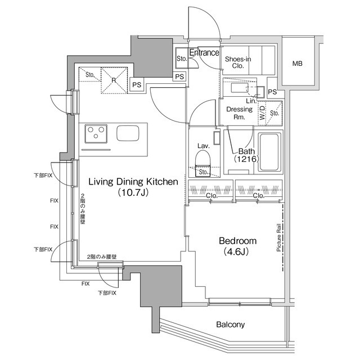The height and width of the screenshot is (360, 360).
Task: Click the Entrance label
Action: pos(204,53)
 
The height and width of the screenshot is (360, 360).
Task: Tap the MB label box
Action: pos(296,63)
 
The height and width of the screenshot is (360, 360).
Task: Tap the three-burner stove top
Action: pos(96,134)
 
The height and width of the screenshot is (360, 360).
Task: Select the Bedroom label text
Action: pos(238,240)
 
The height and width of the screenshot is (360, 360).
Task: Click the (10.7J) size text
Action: pos(133,193)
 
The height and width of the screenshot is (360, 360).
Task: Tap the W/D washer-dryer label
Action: pos(263,114)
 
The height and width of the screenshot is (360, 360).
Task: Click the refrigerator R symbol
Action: pos(114,80)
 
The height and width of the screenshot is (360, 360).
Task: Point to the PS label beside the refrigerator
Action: pos(137,85)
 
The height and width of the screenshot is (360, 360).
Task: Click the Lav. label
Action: pos(204,146)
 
